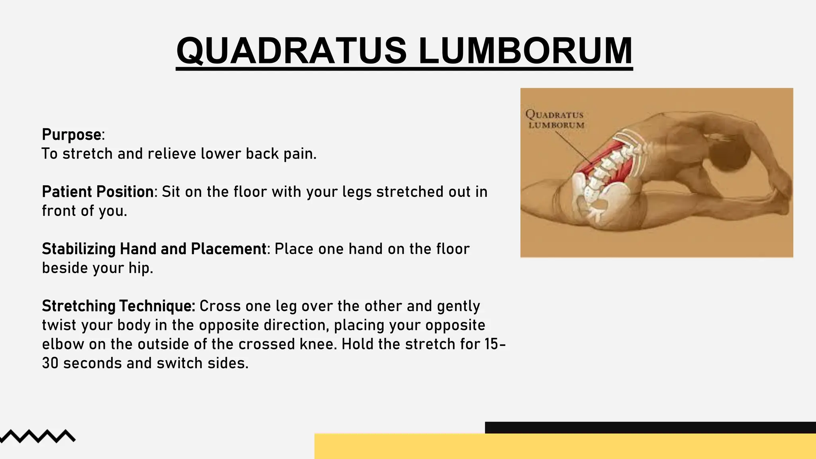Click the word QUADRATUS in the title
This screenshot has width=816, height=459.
291,51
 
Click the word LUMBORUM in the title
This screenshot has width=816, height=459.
525,51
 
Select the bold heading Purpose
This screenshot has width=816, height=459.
72,135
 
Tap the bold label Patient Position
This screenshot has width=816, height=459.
98,192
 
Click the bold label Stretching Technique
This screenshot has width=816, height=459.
118,306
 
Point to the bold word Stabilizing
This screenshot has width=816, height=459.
79,249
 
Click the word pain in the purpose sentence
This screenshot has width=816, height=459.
300,154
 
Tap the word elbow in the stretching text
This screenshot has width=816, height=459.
63,344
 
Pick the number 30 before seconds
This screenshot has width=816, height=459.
50,363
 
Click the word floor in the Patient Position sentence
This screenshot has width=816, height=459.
250,192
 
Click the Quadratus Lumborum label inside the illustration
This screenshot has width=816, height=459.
555,119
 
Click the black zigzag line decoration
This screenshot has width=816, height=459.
38,436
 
